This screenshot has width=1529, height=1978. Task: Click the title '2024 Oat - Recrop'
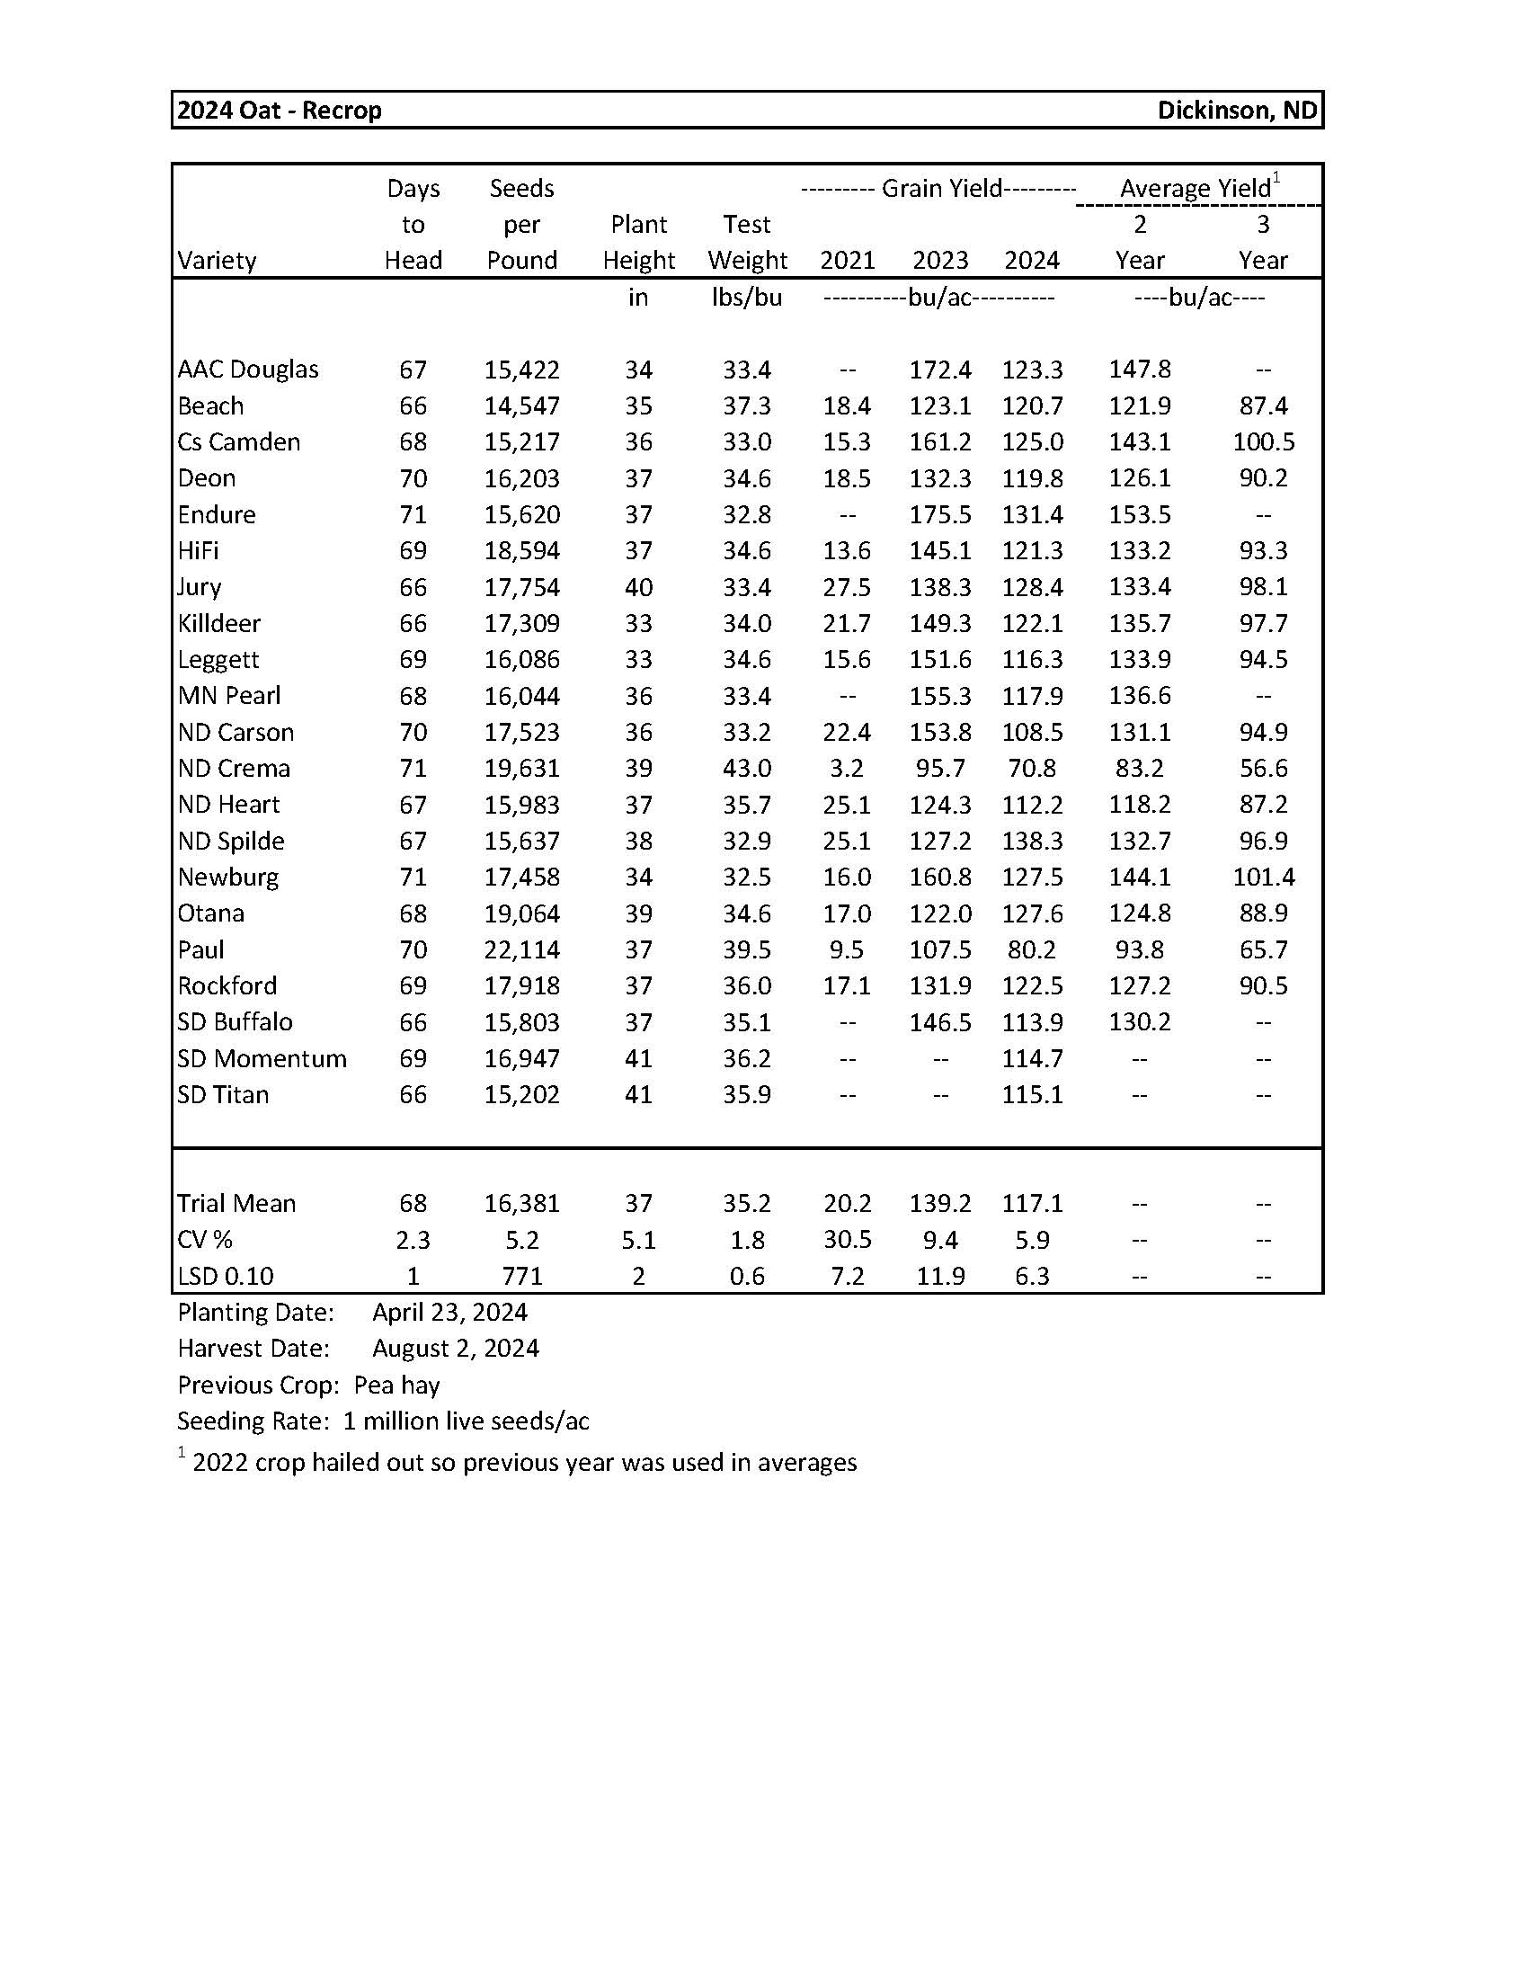(x=280, y=111)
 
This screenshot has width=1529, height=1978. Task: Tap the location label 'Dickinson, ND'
(x=1237, y=111)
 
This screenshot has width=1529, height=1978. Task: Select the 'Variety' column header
(x=218, y=261)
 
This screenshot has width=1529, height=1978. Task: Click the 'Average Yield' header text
(x=1195, y=189)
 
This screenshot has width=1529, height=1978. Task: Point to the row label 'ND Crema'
(x=234, y=769)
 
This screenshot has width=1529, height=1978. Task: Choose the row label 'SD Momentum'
(x=262, y=1059)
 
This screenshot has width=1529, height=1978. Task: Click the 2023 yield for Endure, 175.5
(x=939, y=515)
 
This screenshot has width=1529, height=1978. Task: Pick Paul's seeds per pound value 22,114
(x=521, y=950)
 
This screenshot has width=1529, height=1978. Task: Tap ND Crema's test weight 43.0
(x=747, y=769)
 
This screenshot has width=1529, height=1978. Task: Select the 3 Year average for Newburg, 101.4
(x=1263, y=878)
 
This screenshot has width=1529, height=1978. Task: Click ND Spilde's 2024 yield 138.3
(x=1032, y=842)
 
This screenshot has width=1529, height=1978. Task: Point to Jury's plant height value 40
(x=638, y=588)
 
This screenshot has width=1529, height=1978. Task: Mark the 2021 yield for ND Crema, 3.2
(x=847, y=769)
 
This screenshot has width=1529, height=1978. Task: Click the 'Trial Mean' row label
(x=236, y=1204)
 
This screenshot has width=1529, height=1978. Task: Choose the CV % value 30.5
(x=847, y=1240)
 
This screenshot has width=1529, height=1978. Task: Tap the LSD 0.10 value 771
(x=521, y=1276)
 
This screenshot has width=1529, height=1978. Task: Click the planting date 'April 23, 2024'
(x=450, y=1313)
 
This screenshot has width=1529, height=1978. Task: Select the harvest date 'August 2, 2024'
(x=456, y=1349)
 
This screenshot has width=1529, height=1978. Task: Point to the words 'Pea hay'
(x=396, y=1385)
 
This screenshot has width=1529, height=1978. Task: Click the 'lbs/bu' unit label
(x=747, y=297)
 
